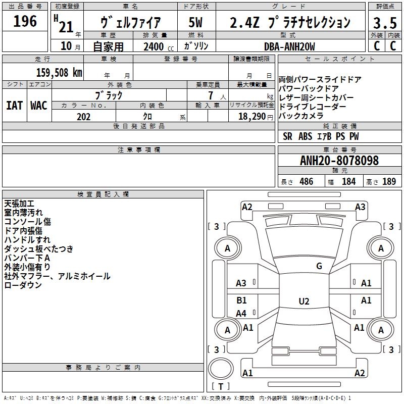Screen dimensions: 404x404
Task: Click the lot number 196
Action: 25,21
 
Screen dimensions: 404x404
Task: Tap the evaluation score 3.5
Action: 385,23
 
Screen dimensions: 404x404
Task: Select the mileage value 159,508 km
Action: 59,72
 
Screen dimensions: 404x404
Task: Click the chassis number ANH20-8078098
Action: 339,160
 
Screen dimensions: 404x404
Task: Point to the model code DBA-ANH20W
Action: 289,46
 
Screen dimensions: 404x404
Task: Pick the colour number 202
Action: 83,117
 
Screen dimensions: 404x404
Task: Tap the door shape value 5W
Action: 195,22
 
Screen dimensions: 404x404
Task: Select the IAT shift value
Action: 15,106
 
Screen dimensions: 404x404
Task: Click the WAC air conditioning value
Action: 39,106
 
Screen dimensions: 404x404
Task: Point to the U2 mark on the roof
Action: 304,301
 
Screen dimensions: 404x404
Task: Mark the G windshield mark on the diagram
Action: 319,266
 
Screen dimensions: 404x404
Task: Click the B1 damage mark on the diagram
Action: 241,300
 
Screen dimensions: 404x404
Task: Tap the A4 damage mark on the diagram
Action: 241,313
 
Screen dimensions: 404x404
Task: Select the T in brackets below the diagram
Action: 221,386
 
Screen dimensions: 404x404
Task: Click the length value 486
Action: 306,181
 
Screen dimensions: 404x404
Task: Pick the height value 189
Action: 389,181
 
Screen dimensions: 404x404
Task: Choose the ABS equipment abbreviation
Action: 305,136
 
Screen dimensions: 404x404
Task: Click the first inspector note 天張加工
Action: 19,204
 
